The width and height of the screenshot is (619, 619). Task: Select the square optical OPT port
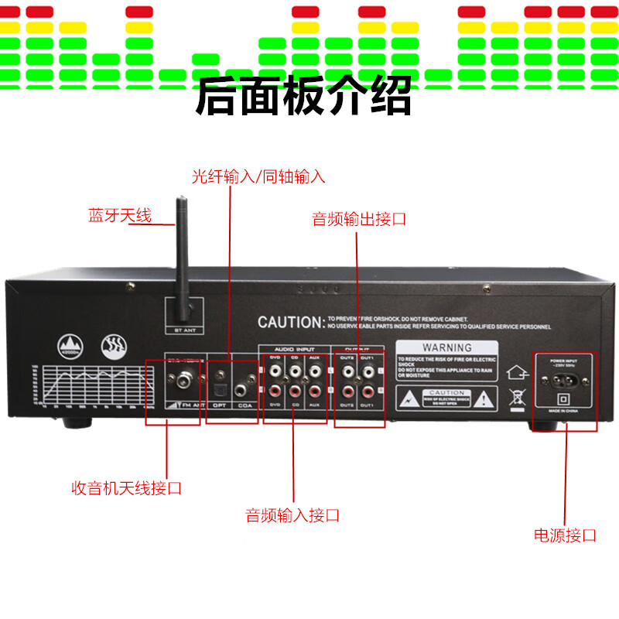point(220,380)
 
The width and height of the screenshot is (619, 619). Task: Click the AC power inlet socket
point(563,380)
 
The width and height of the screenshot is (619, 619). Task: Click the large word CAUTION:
point(289,322)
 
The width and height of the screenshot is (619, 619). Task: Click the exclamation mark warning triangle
point(484,399)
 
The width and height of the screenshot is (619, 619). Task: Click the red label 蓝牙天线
point(120,216)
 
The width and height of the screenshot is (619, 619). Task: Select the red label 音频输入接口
point(292,515)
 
